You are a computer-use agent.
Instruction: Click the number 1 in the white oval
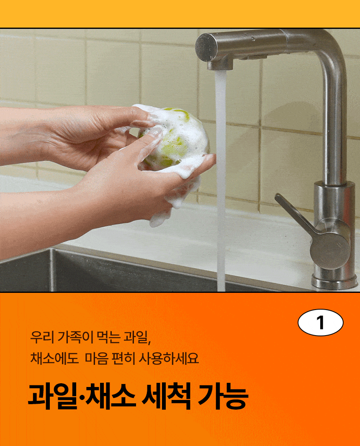[x=321, y=323]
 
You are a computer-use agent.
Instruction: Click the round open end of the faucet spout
[x=206, y=47]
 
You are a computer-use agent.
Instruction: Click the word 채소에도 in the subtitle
[x=54, y=359]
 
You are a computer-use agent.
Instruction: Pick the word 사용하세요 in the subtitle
[x=169, y=359]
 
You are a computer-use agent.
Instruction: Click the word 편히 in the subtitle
[x=123, y=359]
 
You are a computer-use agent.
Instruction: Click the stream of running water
[x=221, y=182]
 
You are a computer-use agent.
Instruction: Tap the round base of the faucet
[x=334, y=282]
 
